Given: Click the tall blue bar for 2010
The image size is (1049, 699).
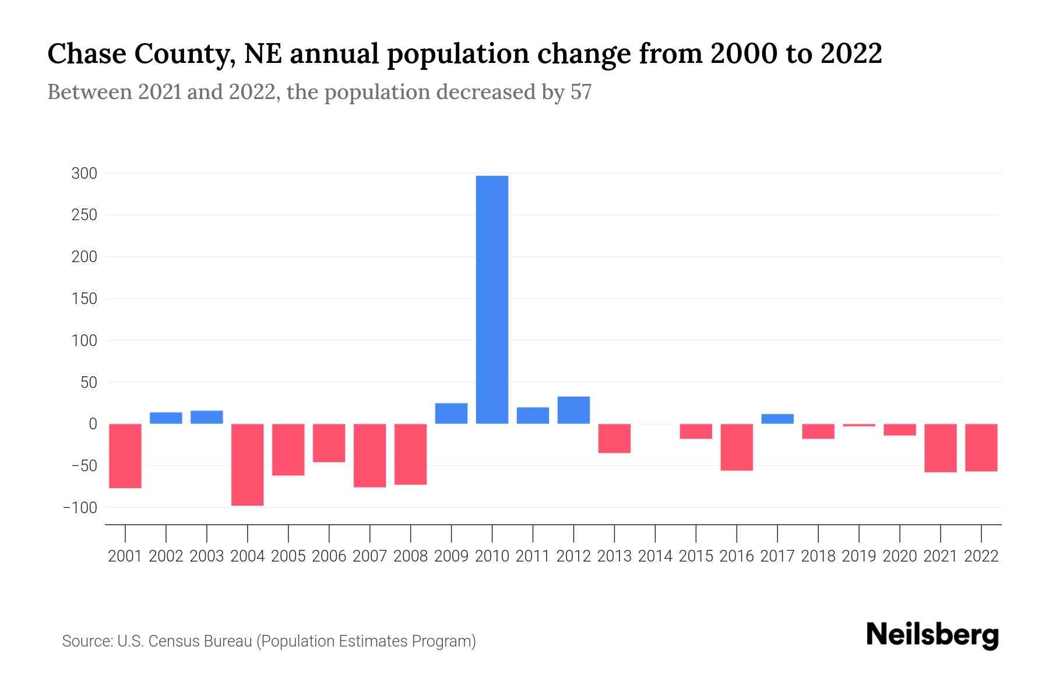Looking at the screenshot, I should click(x=492, y=299).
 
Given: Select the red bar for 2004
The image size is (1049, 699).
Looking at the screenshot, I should click(x=248, y=464).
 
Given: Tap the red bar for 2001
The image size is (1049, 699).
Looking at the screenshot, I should click(x=125, y=456).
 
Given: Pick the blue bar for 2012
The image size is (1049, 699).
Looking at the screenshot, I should click(x=573, y=410).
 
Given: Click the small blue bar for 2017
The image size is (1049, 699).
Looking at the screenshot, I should click(x=777, y=419).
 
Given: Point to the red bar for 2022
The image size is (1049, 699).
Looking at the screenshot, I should click(x=981, y=447).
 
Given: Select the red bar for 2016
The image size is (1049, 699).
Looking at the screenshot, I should click(x=737, y=447).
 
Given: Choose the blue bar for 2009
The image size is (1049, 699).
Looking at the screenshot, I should click(x=451, y=414).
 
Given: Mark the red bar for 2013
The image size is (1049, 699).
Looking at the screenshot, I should click(x=614, y=438).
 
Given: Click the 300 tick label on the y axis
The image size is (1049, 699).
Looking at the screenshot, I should click(x=84, y=174).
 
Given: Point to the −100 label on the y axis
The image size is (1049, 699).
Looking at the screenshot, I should click(x=80, y=507).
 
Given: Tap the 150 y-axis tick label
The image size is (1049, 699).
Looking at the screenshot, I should click(x=84, y=299).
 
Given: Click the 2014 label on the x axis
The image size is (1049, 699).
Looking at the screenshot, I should click(x=655, y=556).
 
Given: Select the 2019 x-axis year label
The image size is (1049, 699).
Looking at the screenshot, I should click(x=859, y=556).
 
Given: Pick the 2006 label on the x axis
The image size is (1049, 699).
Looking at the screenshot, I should click(x=329, y=556).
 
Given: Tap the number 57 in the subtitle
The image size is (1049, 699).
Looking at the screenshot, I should click(x=580, y=92).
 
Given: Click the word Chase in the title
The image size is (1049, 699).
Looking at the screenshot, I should click(x=87, y=54).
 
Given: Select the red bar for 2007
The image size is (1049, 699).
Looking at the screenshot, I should click(x=370, y=456).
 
